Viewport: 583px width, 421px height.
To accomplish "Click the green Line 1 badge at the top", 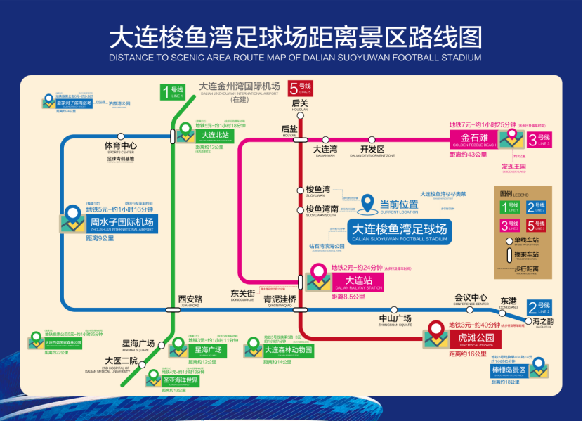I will [173, 91].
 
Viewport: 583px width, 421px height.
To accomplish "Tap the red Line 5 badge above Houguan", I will [300, 88].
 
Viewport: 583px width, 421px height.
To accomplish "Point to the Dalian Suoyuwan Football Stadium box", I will [399, 231].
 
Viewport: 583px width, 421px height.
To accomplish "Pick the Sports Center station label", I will [120, 147].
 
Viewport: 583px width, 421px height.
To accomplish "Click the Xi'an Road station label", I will [190, 299].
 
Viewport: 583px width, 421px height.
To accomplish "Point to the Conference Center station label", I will [471, 298].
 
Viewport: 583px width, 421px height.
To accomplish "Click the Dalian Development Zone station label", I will [372, 150].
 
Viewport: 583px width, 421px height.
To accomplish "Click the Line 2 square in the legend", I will [535, 207].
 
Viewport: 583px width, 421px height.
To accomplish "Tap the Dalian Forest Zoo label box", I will [287, 350].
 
